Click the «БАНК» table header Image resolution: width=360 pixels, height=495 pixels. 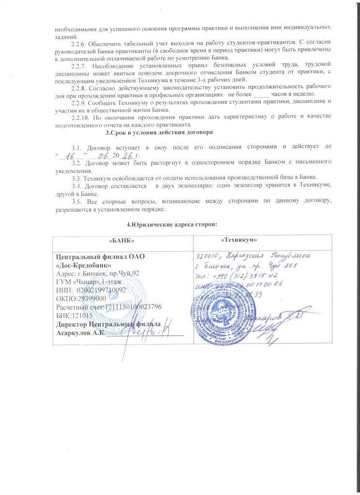click(x=121, y=240)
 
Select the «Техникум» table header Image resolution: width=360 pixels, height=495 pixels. click(x=238, y=240)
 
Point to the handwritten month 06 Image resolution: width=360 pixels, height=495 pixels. click(x=103, y=155)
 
